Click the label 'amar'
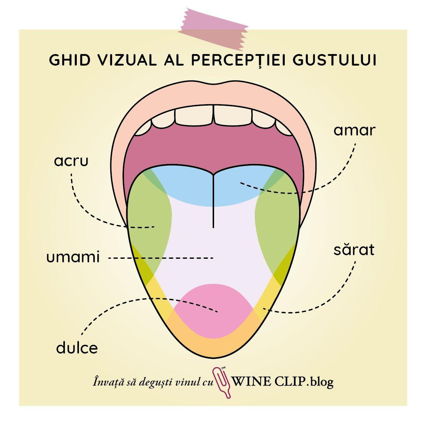pyautogui.click(x=354, y=130)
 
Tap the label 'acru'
pyautogui.click(x=71, y=161)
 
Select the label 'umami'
pyautogui.click(x=73, y=258)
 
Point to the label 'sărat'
pyautogui.click(x=354, y=250)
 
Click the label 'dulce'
pyautogui.click(x=77, y=348)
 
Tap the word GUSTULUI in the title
pyautogui.click(x=334, y=60)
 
